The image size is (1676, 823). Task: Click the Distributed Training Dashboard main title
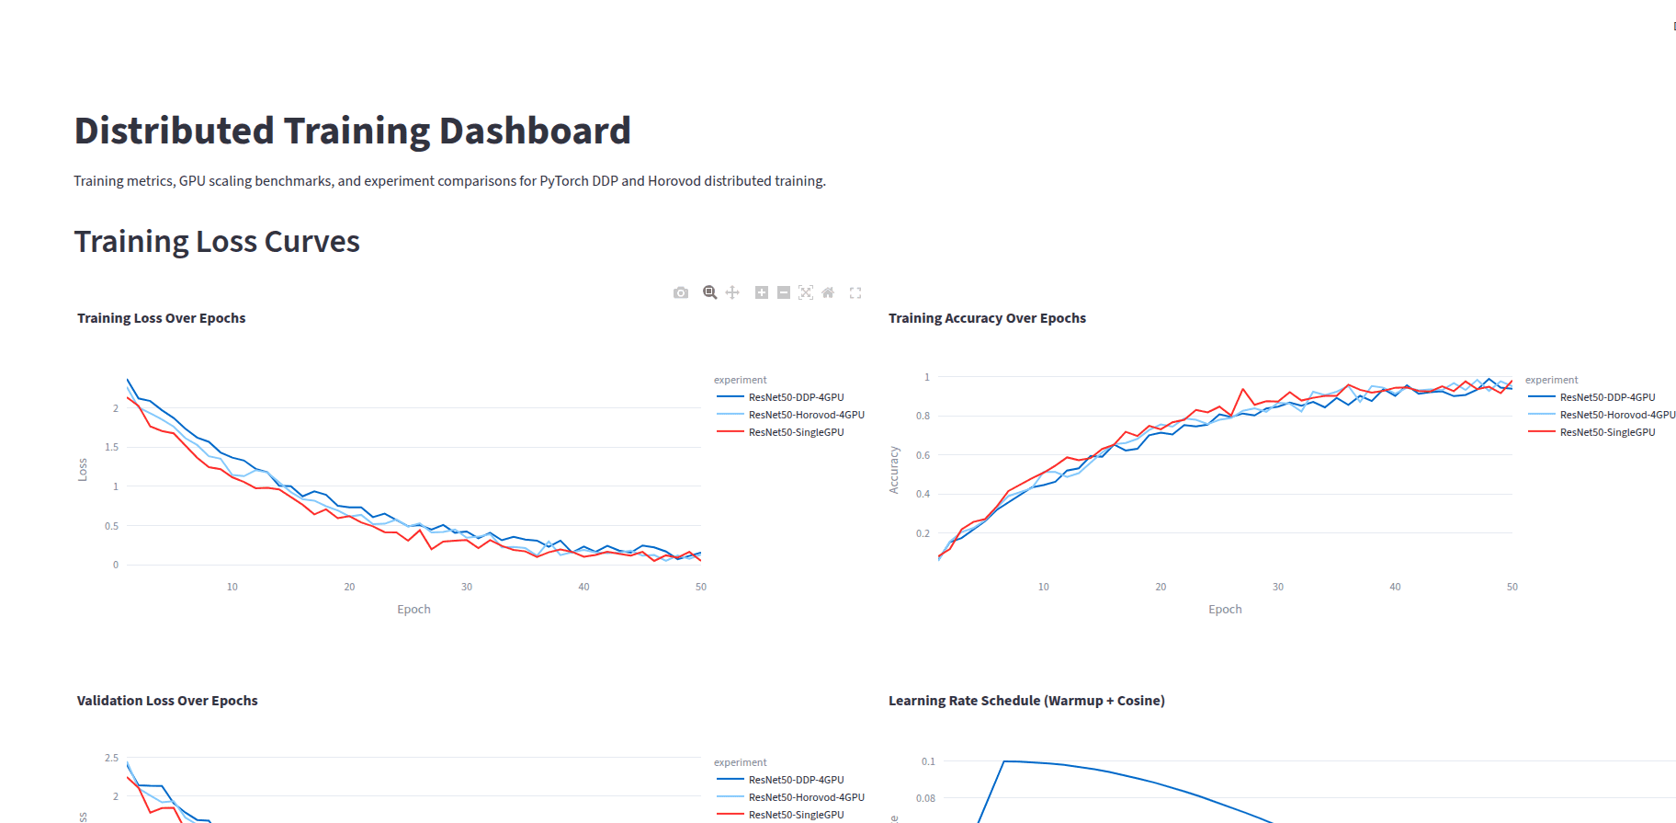pos(352,131)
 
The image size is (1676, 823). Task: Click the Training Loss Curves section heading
pos(217,241)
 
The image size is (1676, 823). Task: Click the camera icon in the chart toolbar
pos(681,292)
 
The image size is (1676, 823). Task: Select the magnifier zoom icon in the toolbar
pos(709,292)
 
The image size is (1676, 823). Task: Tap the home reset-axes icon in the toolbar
pos(828,292)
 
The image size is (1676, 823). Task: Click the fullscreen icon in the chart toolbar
pos(855,292)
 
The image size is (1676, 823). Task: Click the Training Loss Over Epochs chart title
pos(162,318)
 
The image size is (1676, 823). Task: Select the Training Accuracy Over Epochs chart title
pos(987,318)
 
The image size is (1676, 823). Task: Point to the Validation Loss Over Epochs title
pos(167,701)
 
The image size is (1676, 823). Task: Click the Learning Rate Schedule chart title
pos(1026,701)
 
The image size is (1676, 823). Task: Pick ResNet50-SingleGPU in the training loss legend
pos(796,432)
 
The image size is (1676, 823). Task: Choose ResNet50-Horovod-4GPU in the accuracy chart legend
pos(1616,415)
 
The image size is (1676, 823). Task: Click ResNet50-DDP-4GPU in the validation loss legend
pos(796,780)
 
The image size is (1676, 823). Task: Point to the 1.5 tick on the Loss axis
pos(112,447)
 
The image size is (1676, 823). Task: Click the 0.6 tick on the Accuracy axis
pos(923,455)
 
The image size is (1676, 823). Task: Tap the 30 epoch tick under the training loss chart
pos(467,587)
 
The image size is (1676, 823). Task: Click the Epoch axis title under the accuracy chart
pos(1225,610)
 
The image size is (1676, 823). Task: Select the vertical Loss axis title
pos(83,470)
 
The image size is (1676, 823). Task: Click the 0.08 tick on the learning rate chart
pos(925,798)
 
